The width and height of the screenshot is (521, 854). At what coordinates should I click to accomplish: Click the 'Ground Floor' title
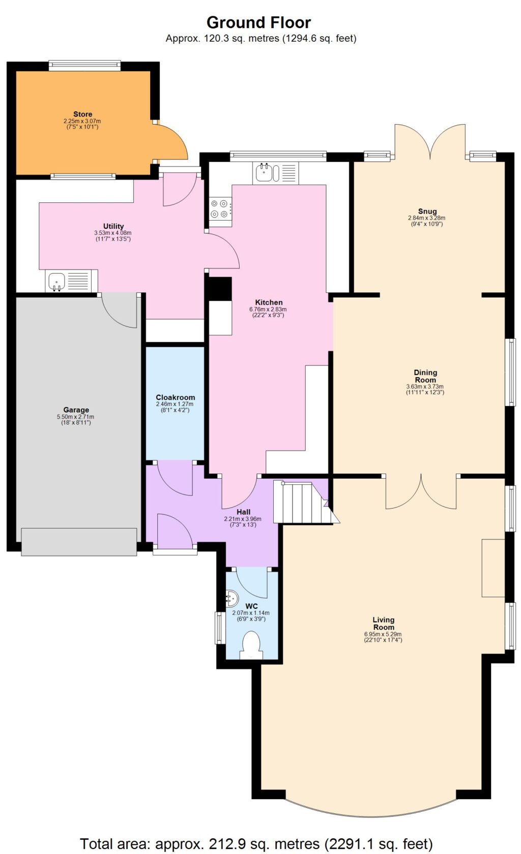(258, 22)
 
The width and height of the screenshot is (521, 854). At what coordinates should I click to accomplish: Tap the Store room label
(82, 114)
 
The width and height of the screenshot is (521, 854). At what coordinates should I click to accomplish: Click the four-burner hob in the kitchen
(220, 208)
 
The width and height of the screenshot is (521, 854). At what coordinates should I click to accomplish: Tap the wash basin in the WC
(231, 599)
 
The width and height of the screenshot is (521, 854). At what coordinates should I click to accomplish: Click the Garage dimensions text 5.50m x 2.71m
(76, 417)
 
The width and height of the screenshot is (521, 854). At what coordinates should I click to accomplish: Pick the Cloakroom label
(175, 397)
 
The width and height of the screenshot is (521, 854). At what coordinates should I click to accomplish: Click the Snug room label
(427, 211)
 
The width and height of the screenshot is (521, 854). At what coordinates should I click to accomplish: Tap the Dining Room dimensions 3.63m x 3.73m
(425, 387)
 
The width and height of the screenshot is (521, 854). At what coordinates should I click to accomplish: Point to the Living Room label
(383, 623)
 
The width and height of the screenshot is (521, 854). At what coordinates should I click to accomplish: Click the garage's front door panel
(79, 541)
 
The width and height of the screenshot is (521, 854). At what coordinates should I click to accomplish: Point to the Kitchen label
(269, 302)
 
